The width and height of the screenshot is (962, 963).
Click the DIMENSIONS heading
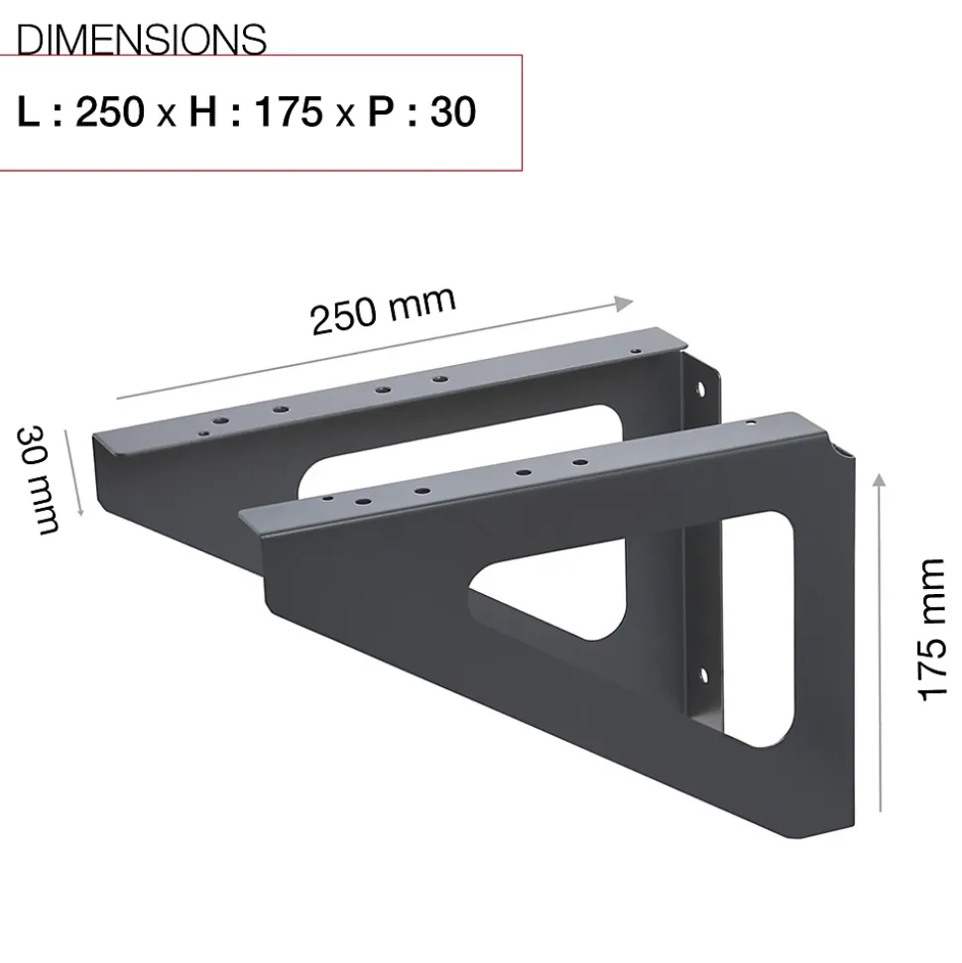pyautogui.click(x=141, y=40)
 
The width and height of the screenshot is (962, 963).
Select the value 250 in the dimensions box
pyautogui.click(x=110, y=112)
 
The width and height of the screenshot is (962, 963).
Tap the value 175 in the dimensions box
pyautogui.click(x=289, y=112)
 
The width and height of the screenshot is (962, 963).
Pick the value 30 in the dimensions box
pyautogui.click(x=453, y=112)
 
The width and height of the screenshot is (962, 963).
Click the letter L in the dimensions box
pyautogui.click(x=28, y=112)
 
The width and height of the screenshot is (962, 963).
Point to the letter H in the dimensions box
pyautogui.click(x=203, y=112)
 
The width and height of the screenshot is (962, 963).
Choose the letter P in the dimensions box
pyautogui.click(x=381, y=112)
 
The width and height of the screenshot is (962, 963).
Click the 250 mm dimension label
pyautogui.click(x=384, y=310)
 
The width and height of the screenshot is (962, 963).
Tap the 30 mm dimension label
pyautogui.click(x=38, y=479)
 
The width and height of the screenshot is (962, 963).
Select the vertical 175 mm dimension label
pyautogui.click(x=931, y=630)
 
